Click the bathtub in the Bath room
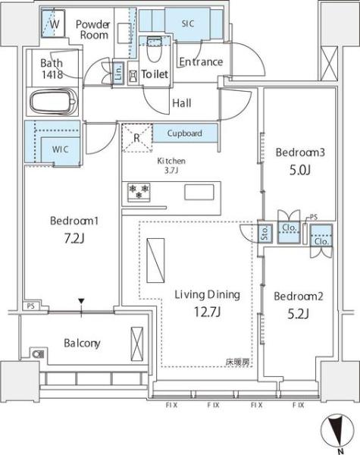coord(53,102)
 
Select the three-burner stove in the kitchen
coord(139,192)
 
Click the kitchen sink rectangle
coord(199,192)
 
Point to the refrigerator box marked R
coord(137,137)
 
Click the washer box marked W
coord(53,24)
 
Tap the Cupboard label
coord(184,133)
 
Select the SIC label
coord(188,24)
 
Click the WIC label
coord(61,149)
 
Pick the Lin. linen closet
coord(118,73)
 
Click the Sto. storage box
coord(265,234)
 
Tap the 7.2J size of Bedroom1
coord(74,239)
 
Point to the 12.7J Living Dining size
coord(208,312)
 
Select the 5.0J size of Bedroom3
coord(300,171)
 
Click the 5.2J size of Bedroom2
coord(298,314)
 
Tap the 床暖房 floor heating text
coord(237,362)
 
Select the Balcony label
coord(82,344)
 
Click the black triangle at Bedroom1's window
coord(82,301)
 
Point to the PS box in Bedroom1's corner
coord(31,306)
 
